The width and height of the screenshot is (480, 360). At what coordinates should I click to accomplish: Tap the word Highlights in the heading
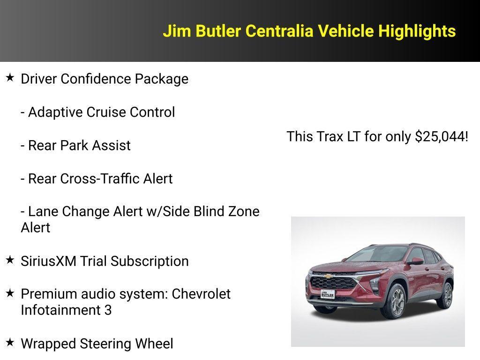coord(417,31)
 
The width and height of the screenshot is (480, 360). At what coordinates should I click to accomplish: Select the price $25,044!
coord(442,137)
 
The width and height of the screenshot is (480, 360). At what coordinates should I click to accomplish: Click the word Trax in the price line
coord(328,137)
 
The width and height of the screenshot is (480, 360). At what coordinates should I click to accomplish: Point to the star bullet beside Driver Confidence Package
coord(10,78)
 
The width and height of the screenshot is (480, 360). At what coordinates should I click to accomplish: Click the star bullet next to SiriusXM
coord(10,260)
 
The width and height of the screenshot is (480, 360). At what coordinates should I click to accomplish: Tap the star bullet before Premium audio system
coord(10,293)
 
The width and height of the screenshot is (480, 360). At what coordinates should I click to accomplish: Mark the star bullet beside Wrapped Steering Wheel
coord(10,343)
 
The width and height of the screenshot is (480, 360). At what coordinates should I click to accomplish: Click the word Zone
coord(243,211)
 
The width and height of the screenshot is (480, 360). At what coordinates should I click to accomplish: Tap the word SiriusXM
coord(48,261)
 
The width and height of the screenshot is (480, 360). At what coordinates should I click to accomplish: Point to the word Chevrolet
coord(201,294)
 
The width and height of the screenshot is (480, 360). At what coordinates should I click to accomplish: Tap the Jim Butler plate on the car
coord(328,294)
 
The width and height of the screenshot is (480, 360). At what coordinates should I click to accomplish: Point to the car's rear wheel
coord(448,295)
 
